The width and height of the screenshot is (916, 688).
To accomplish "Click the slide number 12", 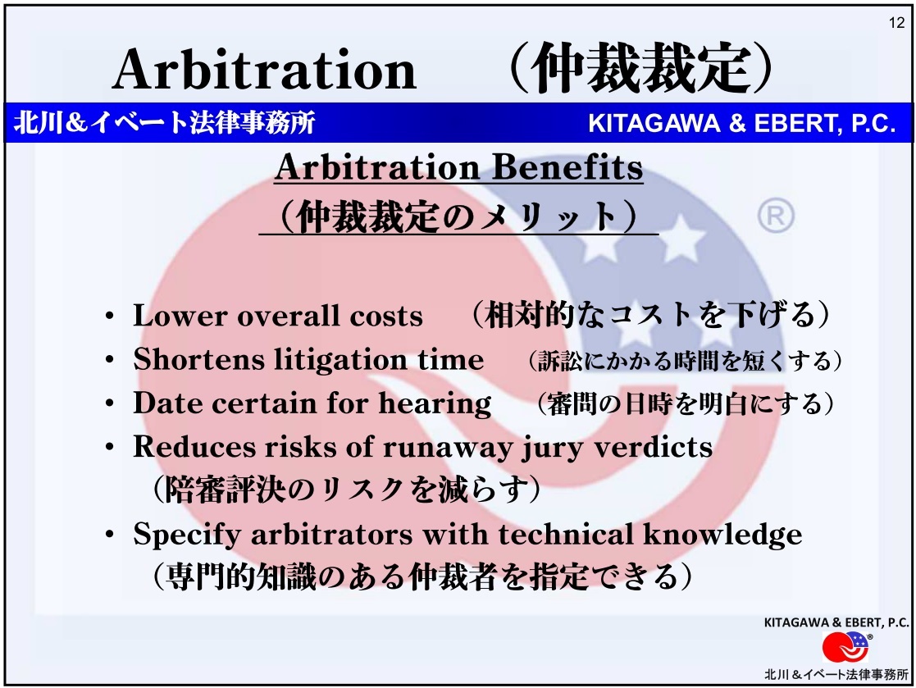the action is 896,23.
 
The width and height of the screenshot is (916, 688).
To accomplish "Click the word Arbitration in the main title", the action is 264,70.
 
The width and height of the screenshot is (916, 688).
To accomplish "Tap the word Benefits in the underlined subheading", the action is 567,167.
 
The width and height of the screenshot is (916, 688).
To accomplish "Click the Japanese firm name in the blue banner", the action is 164,123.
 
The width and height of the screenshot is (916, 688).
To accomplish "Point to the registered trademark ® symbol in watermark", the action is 776,216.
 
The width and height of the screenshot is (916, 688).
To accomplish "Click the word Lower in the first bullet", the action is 180,316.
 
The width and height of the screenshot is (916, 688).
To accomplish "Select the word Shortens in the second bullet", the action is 198,359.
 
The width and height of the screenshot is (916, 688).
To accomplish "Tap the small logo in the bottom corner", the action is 845,647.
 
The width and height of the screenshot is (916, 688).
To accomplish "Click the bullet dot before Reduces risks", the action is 110,448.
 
